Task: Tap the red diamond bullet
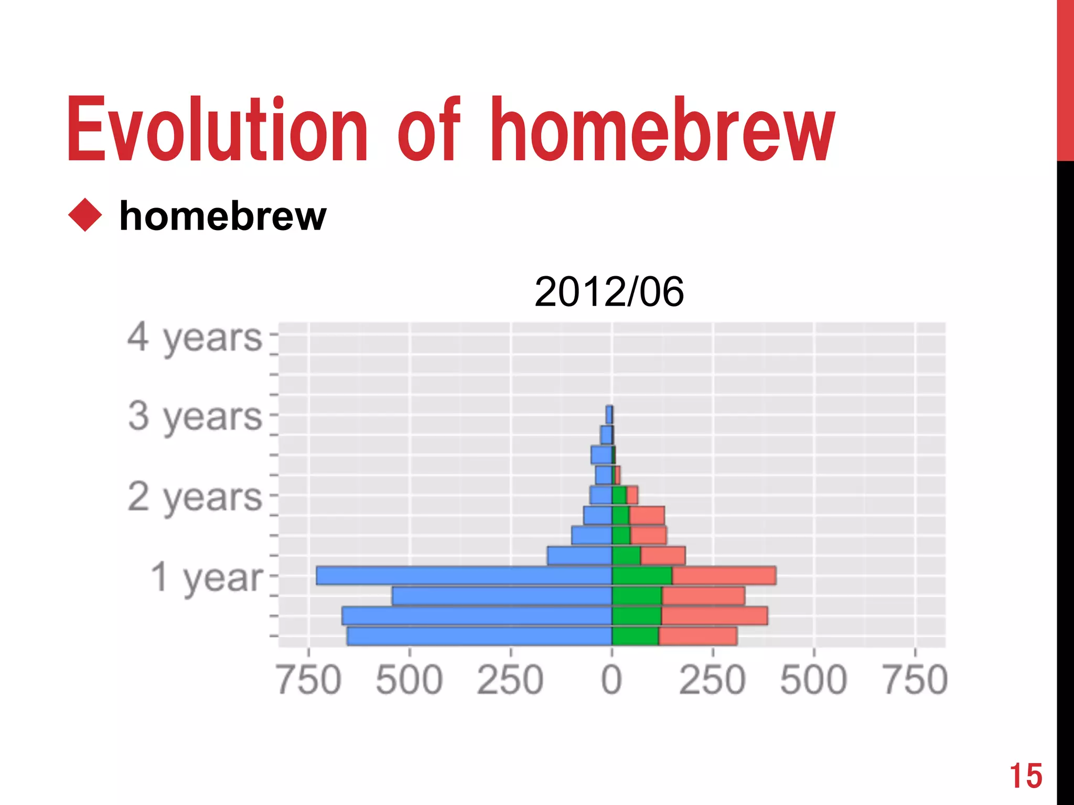(84, 215)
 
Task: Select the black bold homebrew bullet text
(223, 216)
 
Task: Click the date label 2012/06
(609, 292)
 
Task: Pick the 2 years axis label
(195, 497)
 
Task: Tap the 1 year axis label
(207, 578)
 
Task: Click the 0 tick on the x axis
(611, 680)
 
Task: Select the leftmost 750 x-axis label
(309, 680)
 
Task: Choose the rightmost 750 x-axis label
(915, 680)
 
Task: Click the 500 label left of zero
(410, 680)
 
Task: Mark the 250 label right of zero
(712, 680)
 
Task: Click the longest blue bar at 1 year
(464, 575)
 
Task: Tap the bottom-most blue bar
(479, 636)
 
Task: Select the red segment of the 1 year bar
(724, 575)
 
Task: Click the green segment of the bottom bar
(635, 636)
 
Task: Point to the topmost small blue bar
(608, 415)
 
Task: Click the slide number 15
(1026, 776)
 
